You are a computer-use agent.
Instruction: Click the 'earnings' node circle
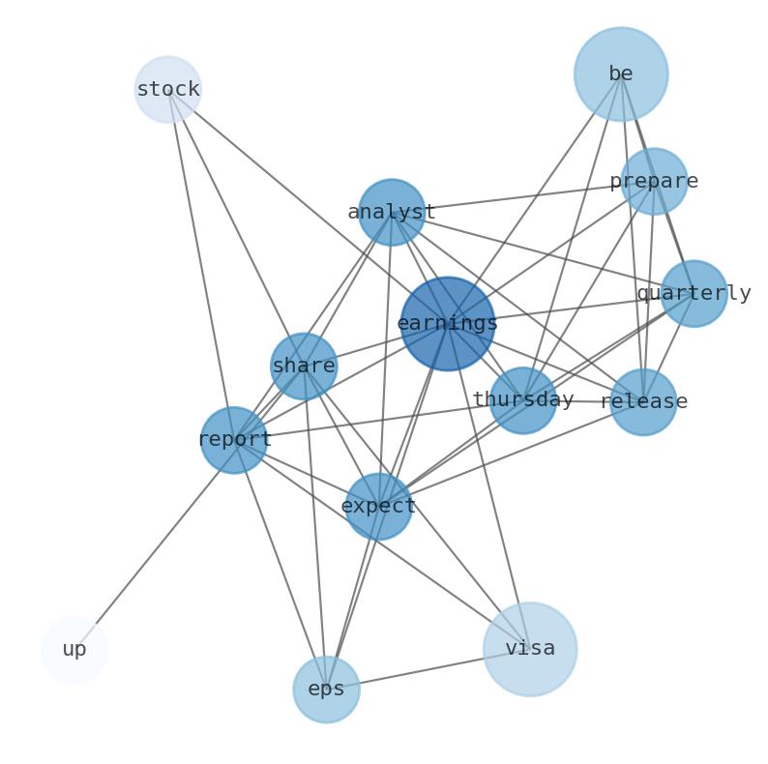coord(447,324)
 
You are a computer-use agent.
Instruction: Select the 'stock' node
coord(167,90)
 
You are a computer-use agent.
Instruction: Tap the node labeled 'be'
coord(621,73)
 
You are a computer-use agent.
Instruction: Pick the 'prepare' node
coord(654,181)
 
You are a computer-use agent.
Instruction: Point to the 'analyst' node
coord(392,212)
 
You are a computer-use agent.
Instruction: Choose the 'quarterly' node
coord(694,293)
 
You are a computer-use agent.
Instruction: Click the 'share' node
coord(304,367)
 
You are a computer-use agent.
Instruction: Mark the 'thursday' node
coord(523,399)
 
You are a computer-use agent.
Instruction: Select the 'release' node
coord(643,401)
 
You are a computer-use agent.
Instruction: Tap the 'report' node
coord(234,440)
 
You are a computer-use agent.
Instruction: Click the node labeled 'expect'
coord(379,506)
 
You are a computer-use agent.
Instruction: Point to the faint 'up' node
coord(74,650)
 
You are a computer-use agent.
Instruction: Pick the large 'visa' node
coord(530,649)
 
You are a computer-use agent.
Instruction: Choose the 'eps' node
coord(326,690)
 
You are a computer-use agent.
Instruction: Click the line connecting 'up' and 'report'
coord(155,544)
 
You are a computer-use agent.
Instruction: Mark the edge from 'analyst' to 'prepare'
coord(522,196)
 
